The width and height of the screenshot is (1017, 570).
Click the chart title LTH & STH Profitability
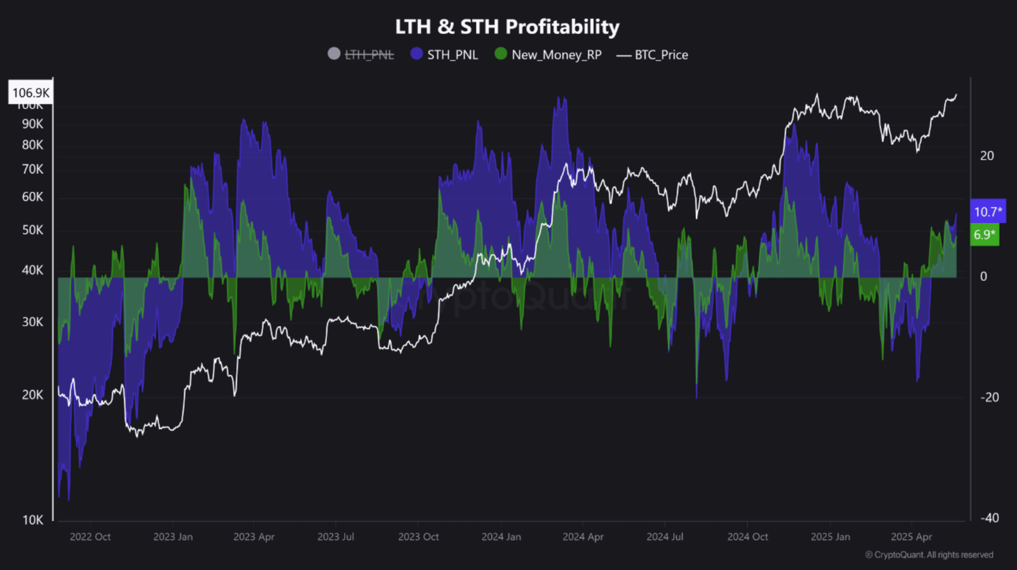tap(507, 27)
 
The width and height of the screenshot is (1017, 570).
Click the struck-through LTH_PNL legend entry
tap(369, 55)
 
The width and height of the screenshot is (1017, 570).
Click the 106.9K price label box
tap(31, 93)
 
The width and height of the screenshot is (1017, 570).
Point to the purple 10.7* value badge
tap(988, 212)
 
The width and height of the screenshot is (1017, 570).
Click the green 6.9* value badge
tap(985, 234)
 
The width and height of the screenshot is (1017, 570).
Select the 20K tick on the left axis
tap(32, 395)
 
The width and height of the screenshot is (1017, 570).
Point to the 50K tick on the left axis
tap(32, 230)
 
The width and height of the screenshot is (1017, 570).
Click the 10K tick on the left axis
tap(32, 520)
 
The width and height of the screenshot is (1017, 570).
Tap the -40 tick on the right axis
tap(989, 518)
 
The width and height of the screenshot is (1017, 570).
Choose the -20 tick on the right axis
tap(989, 397)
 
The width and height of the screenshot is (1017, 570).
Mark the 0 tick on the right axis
tap(983, 276)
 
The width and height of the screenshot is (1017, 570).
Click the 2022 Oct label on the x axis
tap(90, 537)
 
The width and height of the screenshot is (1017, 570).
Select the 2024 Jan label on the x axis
tap(501, 537)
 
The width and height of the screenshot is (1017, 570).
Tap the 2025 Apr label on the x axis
tap(911, 537)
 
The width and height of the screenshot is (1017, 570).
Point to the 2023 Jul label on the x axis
tap(336, 537)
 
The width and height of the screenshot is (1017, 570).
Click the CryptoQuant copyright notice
tap(929, 555)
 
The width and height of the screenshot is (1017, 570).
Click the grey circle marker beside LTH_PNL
tap(334, 54)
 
